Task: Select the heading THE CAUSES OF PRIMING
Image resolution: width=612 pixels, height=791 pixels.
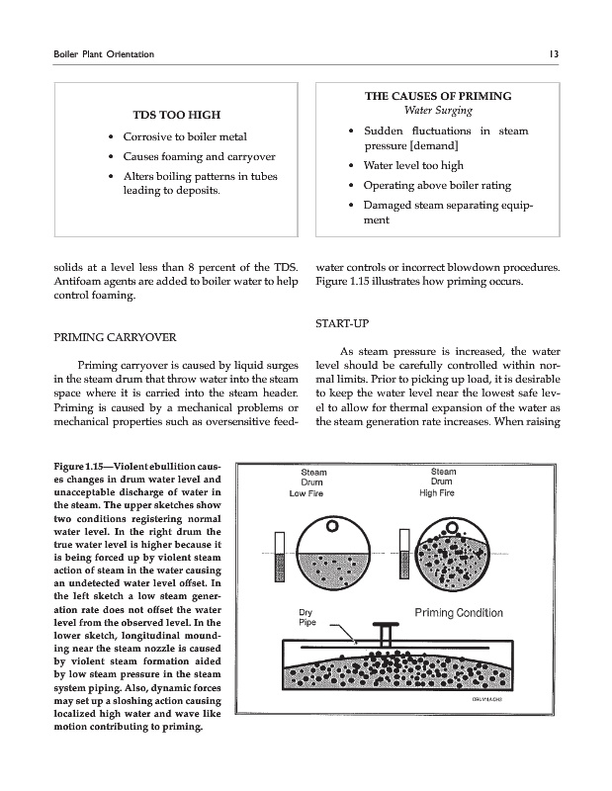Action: [438, 97]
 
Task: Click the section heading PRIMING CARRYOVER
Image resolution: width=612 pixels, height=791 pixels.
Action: [106, 338]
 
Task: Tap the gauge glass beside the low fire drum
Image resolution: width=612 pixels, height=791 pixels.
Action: [280, 565]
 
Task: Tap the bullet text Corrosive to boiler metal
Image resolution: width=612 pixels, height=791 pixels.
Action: [185, 136]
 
